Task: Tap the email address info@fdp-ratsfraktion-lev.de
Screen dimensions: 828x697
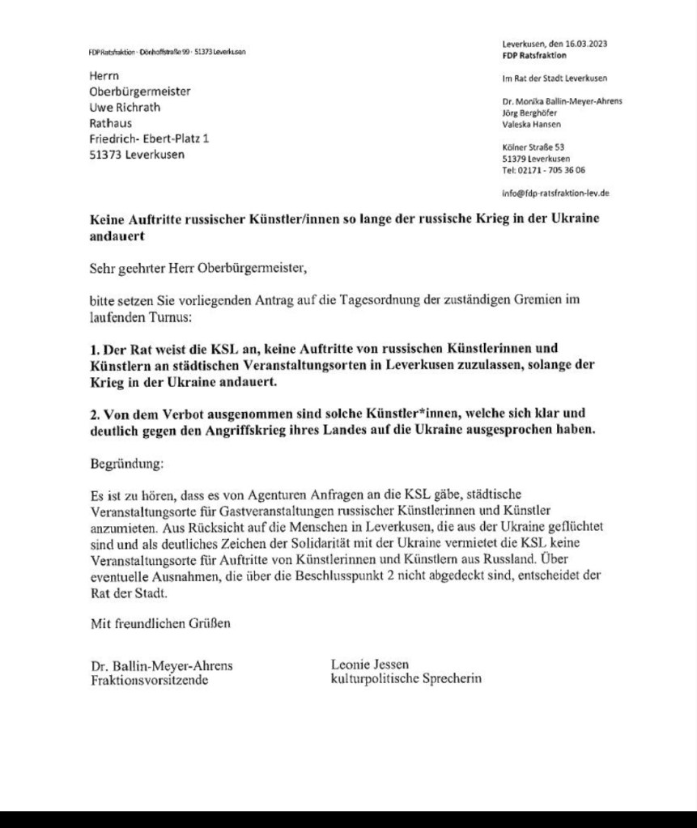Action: click(555, 193)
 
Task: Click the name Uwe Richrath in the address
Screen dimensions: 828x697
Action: click(125, 108)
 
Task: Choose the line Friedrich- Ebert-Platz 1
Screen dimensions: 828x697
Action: click(149, 139)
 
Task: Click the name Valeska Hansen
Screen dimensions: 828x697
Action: click(531, 125)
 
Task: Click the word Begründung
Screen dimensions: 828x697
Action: click(125, 465)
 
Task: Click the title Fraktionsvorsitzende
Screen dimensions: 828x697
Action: click(149, 681)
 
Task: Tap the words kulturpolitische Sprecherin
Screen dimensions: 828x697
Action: click(406, 679)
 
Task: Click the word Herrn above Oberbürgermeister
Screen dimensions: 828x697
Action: click(104, 76)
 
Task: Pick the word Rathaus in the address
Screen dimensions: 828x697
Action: click(110, 124)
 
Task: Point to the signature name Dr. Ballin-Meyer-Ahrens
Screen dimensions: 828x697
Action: click(161, 666)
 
